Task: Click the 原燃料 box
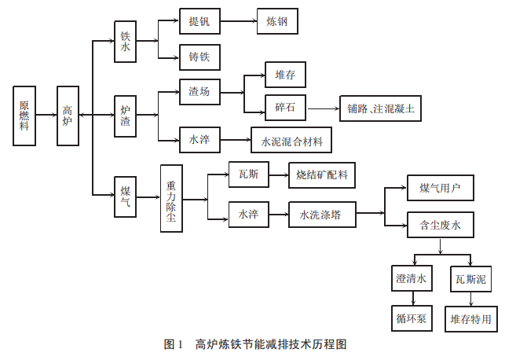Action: click(24, 115)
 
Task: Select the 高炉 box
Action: click(68, 115)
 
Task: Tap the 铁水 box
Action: click(126, 48)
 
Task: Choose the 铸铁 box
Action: click(199, 57)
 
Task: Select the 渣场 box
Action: click(199, 92)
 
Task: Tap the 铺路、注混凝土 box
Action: click(380, 108)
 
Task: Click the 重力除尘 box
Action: click(171, 198)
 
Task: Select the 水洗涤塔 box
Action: click(321, 213)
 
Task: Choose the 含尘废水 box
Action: click(440, 227)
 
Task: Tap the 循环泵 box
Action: click(411, 319)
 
